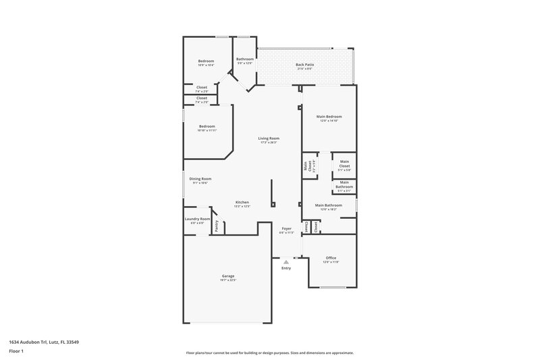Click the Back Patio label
(304, 64)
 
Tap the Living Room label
(269, 138)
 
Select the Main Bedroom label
(329, 117)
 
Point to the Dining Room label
(200, 179)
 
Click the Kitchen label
(242, 203)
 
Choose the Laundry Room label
(197, 219)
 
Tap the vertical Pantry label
(217, 226)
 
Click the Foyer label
(286, 229)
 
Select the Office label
(331, 257)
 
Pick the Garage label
(228, 276)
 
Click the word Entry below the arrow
(286, 268)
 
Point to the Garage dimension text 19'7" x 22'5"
(228, 280)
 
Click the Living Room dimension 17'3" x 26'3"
(269, 143)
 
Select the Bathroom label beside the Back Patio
(245, 59)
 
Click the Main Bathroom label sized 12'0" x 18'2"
(329, 205)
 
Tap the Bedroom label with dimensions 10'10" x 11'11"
(207, 126)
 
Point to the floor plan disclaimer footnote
(269, 353)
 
